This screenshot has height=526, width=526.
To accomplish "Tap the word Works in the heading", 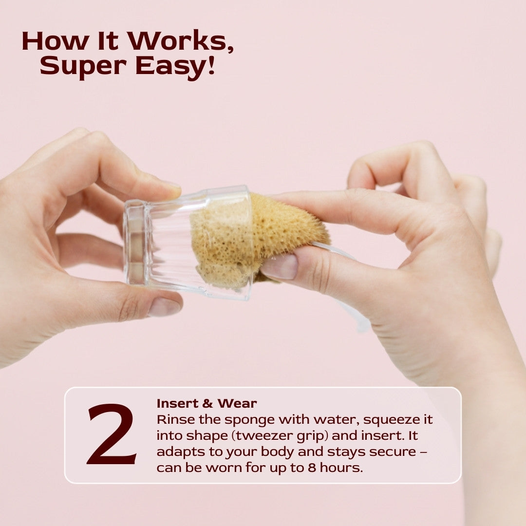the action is click(x=181, y=41).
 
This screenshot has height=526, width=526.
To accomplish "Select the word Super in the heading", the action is click(x=83, y=66).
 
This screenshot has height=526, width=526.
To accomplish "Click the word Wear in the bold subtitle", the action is click(x=237, y=403).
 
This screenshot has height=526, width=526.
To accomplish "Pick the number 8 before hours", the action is click(x=312, y=468).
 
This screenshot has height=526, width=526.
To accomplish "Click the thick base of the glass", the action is click(x=136, y=242).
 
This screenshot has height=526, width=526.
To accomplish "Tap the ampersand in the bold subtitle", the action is click(x=207, y=404).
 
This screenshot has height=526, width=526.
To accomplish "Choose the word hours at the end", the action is click(x=341, y=467).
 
